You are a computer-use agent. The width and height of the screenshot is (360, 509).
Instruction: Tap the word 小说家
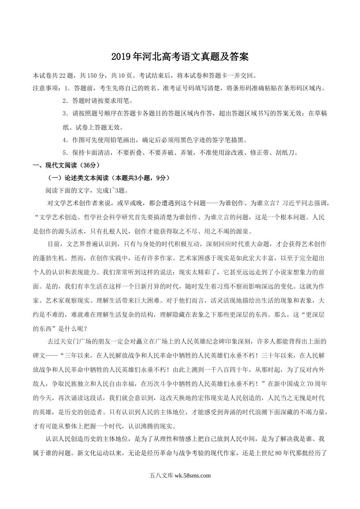point(286,272)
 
